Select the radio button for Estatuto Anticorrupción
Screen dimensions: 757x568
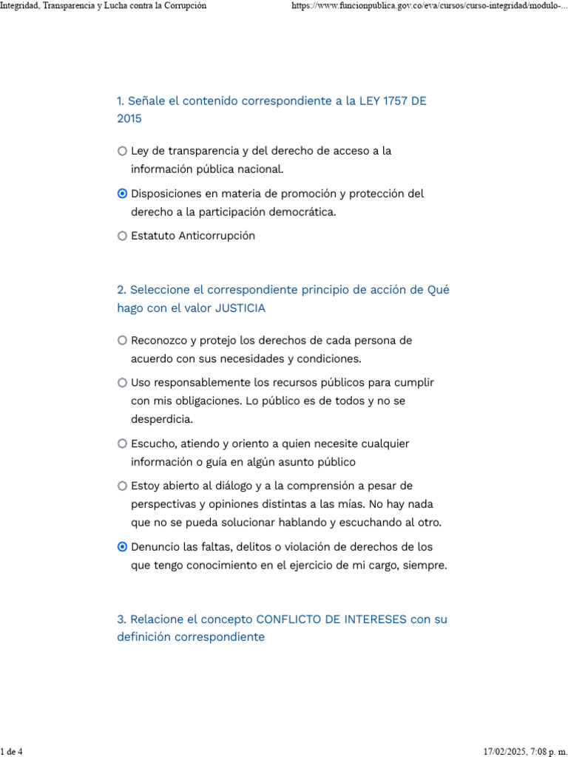pyautogui.click(x=122, y=236)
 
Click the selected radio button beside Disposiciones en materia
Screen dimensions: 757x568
pyautogui.click(x=122, y=194)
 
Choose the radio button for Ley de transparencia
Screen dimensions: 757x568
pyautogui.click(x=122, y=151)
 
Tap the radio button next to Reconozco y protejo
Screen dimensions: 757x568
pyautogui.click(x=122, y=341)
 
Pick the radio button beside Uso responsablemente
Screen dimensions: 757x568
pyautogui.click(x=122, y=383)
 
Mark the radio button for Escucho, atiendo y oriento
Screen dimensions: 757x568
pyautogui.click(x=122, y=444)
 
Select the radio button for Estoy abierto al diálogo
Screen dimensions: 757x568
pyautogui.click(x=122, y=486)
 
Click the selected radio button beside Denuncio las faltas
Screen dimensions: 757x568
pyautogui.click(x=122, y=547)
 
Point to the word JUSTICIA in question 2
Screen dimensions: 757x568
pyautogui.click(x=240, y=308)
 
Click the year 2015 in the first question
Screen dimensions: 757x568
pyautogui.click(x=129, y=118)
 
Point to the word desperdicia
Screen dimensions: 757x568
pyautogui.click(x=161, y=419)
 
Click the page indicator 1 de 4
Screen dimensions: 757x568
pyautogui.click(x=12, y=752)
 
